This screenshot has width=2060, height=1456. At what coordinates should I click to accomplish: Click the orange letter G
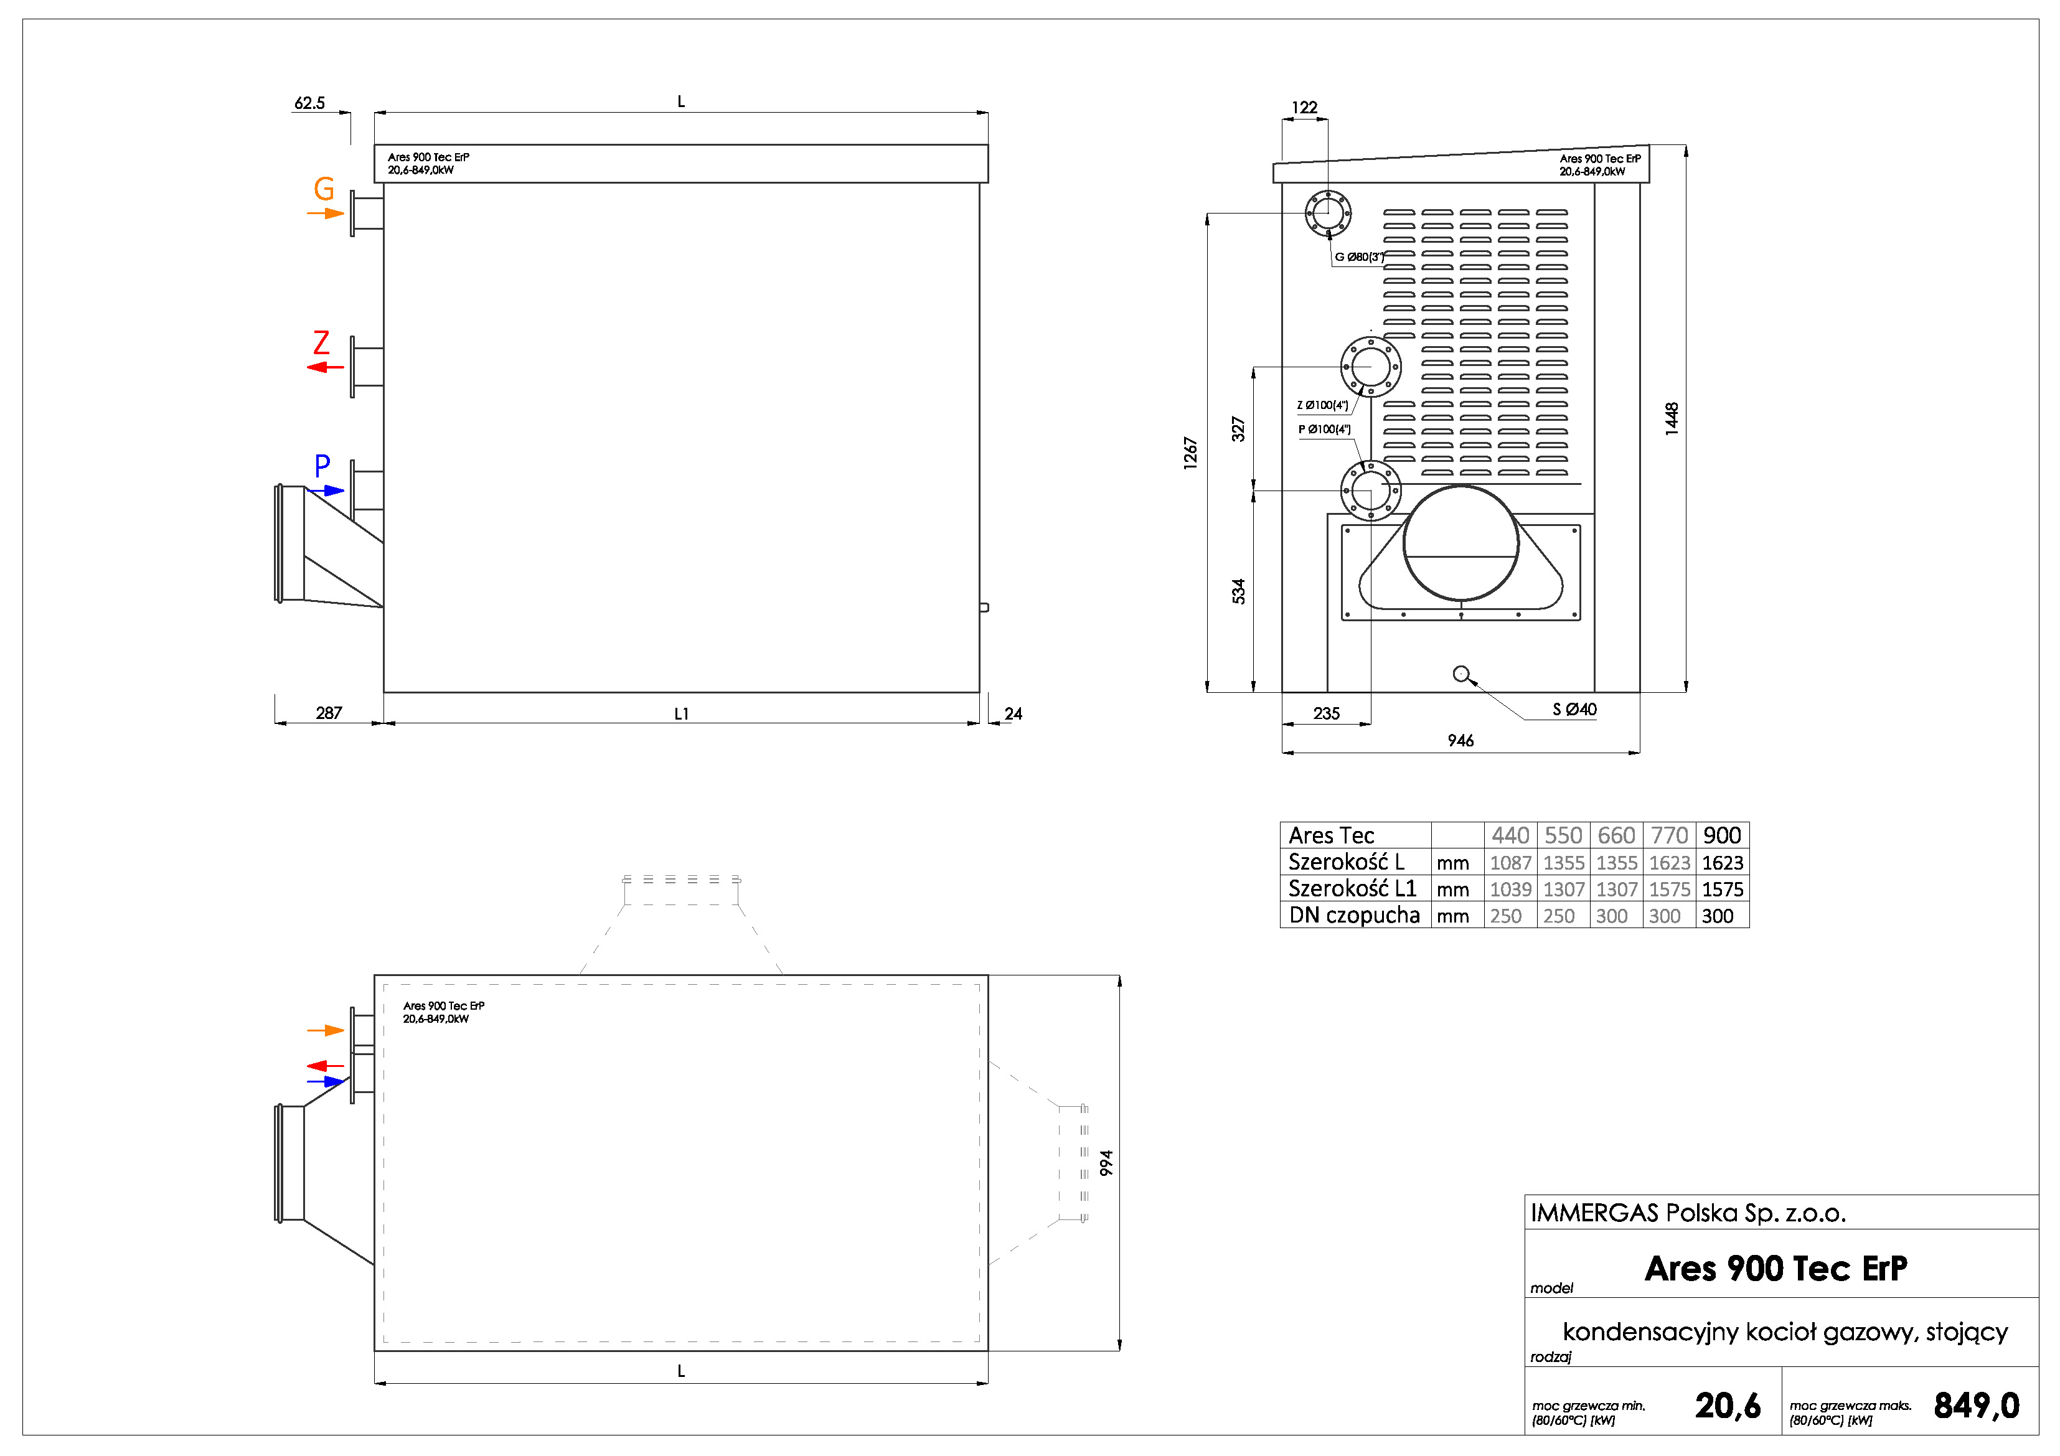(x=324, y=189)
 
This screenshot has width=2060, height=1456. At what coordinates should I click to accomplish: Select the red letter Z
(x=321, y=343)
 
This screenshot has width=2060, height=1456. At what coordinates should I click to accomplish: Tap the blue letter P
(x=322, y=466)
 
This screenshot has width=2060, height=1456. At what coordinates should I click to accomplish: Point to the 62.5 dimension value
(x=309, y=103)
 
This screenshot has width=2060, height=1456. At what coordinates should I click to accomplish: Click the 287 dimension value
(x=328, y=713)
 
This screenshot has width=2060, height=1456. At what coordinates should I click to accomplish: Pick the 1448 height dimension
(x=1672, y=419)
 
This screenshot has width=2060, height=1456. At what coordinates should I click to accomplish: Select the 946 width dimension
(x=1460, y=741)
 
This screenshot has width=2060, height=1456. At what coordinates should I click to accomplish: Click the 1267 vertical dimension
(x=1190, y=453)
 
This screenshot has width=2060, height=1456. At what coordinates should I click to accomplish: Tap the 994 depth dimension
(x=1106, y=1163)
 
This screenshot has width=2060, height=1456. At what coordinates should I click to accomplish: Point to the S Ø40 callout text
(x=1574, y=710)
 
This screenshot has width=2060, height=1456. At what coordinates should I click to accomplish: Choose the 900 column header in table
(x=1722, y=835)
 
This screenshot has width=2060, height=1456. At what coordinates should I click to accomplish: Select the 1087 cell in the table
(x=1510, y=863)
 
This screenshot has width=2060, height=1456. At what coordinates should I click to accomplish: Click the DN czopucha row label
(x=1354, y=916)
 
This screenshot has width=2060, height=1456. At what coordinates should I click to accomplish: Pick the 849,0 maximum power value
(x=1977, y=1406)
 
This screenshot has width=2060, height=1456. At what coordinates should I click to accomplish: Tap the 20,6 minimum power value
(x=1727, y=1406)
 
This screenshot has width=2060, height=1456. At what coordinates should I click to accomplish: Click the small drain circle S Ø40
(x=1460, y=674)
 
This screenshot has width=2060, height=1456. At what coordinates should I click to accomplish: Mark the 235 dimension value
(x=1326, y=714)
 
